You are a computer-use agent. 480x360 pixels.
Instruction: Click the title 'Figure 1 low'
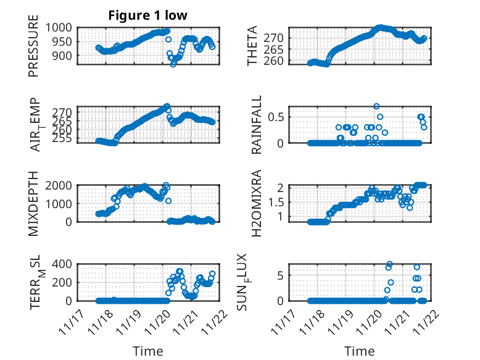point(148,15)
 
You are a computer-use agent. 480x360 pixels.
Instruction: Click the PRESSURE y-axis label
point(33,50)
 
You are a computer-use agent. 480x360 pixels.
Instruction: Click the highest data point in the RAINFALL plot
point(376,106)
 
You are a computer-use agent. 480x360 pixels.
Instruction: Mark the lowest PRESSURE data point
point(173,64)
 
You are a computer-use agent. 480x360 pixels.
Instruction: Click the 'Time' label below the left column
point(148,351)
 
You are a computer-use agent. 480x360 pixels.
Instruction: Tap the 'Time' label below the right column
point(360,351)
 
